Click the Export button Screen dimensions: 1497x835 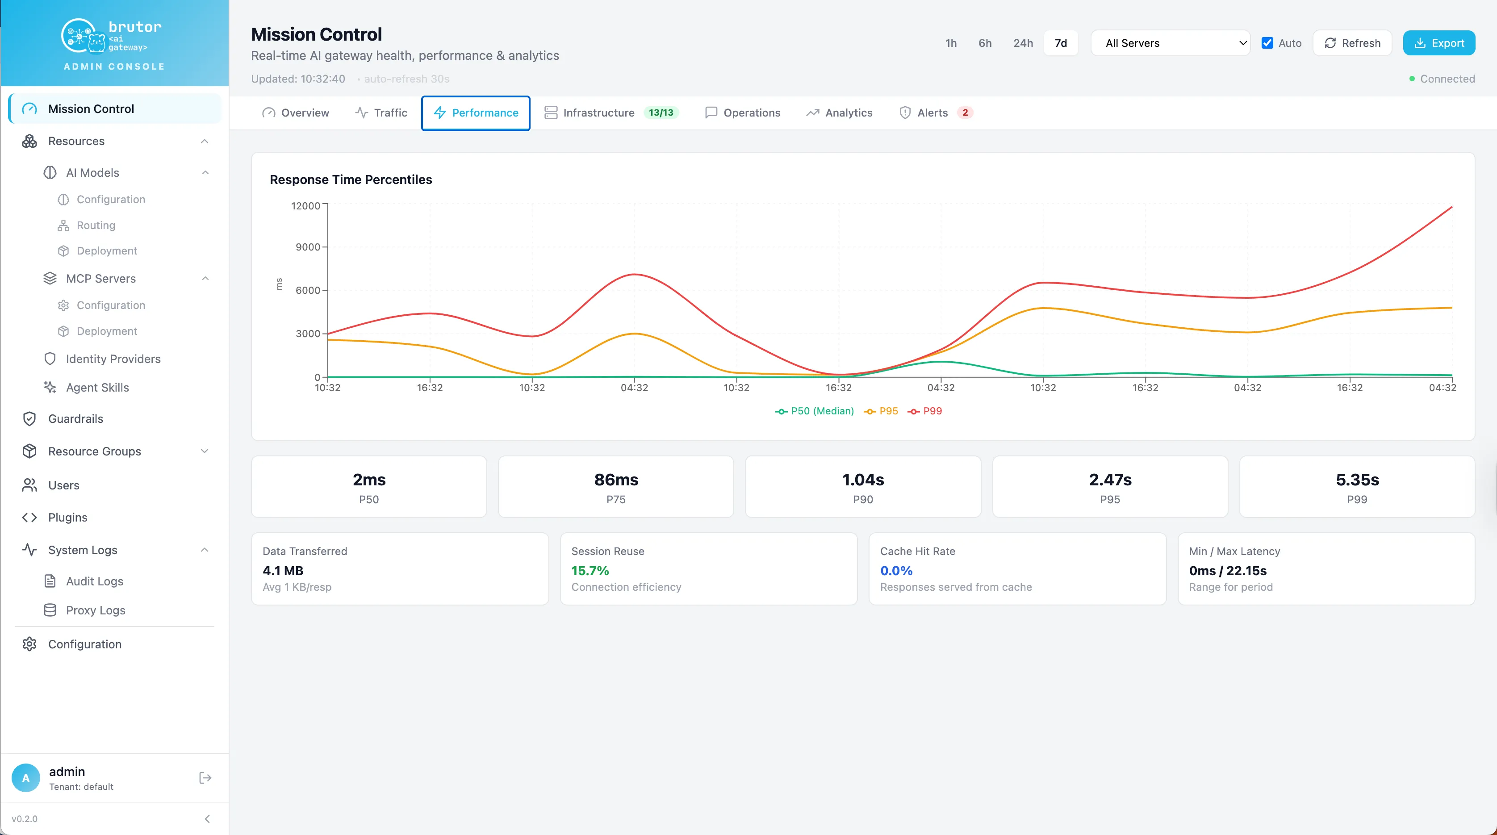pos(1438,43)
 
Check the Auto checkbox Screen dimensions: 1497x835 pos(1267,43)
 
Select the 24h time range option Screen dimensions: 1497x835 pos(1023,43)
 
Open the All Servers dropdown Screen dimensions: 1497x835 pos(1171,43)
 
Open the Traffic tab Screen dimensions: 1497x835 pos(381,113)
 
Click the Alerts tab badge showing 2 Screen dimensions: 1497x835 pos(965,113)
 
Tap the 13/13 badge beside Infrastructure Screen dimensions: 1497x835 pos(661,113)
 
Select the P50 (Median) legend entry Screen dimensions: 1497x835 pos(814,411)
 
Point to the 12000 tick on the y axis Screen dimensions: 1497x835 pos(305,206)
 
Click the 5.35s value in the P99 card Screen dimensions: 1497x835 pos(1357,480)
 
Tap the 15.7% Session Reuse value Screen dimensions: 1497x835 pos(590,571)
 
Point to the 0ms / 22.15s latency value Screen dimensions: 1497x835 pos(1227,571)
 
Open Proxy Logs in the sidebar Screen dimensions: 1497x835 pos(95,610)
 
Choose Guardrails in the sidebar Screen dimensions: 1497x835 pos(75,419)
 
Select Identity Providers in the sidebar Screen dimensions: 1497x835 pos(113,359)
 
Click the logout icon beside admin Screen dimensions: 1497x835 pos(205,777)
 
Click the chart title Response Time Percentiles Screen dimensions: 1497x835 pos(351,180)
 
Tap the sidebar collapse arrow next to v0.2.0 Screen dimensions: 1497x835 pos(207,819)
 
